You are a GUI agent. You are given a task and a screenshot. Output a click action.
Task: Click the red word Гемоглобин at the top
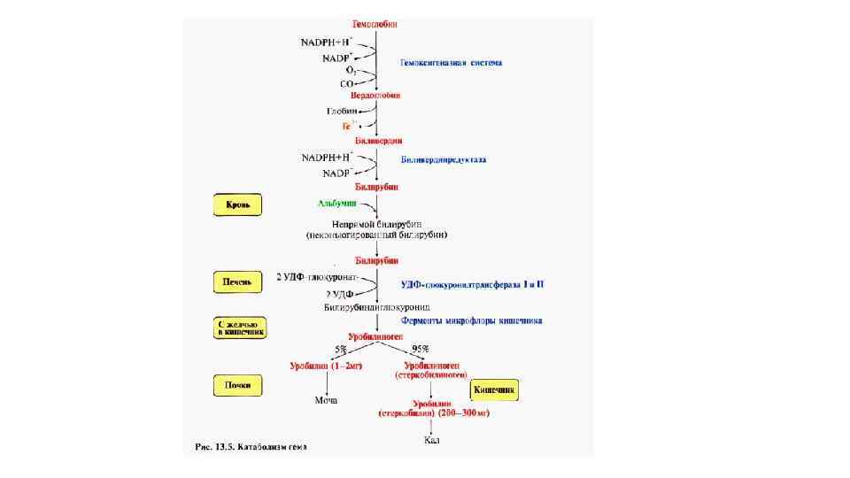[x=377, y=26]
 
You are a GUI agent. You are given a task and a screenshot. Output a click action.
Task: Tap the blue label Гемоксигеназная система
[x=451, y=63]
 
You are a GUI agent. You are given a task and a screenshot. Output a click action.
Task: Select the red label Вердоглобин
[x=376, y=95]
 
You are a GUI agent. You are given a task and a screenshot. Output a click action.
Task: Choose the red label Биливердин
[x=378, y=142]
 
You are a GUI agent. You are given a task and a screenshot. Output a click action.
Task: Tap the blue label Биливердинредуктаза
[x=444, y=160]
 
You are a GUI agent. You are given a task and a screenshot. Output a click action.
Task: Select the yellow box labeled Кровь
[x=236, y=205]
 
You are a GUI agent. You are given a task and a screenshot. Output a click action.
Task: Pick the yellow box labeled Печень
[x=236, y=282]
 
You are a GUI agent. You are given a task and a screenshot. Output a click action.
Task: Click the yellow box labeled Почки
[x=236, y=385]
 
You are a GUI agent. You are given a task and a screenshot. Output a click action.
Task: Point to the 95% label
[x=420, y=349]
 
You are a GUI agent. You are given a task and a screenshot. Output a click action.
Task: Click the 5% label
[x=341, y=349]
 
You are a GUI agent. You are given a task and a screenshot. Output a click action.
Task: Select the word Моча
[x=327, y=401]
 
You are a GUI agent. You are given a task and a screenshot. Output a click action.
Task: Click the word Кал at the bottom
[x=432, y=440]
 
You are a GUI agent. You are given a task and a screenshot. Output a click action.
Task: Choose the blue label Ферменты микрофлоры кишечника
[x=471, y=320]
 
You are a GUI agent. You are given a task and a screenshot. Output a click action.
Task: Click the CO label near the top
[x=347, y=84]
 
